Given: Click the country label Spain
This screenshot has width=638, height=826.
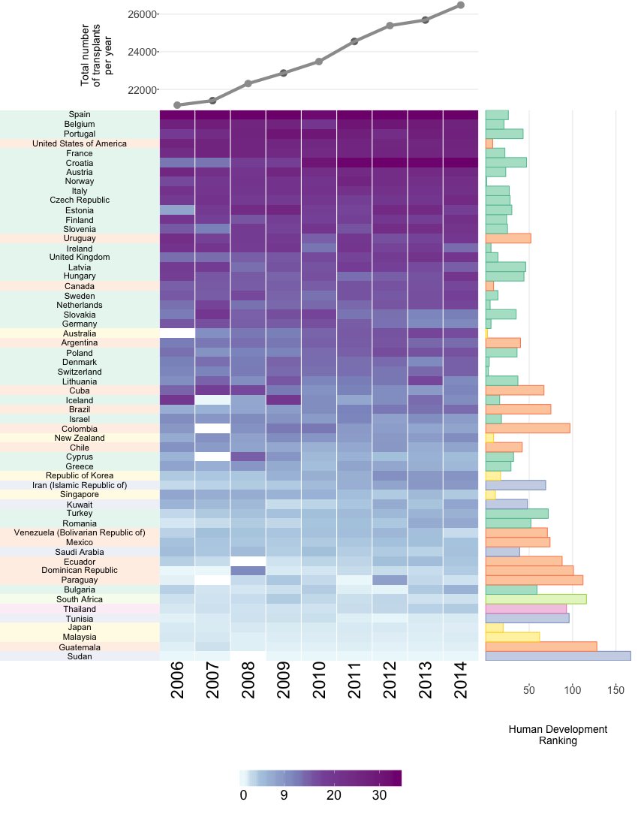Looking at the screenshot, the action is click(80, 114).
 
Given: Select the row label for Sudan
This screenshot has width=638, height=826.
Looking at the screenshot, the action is click(80, 656).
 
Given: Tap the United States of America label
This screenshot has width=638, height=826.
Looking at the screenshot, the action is click(80, 143).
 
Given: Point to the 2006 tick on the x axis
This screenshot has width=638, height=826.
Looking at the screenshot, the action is click(177, 680).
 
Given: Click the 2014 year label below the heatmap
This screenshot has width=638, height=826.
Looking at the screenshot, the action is click(460, 680).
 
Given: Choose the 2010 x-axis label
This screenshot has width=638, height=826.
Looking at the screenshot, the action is click(319, 680).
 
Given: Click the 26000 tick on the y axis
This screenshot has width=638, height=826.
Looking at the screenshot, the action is click(142, 14).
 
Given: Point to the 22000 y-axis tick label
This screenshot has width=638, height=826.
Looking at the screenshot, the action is click(142, 90).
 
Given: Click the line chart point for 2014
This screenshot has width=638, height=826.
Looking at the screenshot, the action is click(461, 5).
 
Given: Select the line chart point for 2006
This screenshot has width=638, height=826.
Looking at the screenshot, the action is click(177, 105).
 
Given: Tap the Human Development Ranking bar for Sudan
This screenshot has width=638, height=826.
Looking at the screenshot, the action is click(558, 656).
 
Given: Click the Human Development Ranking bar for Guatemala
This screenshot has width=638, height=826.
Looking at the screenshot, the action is click(541, 647).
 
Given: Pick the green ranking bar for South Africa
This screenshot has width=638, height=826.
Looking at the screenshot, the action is click(536, 599).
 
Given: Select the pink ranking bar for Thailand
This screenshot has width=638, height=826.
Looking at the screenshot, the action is click(526, 608).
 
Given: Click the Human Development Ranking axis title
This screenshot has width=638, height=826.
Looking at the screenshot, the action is click(558, 735).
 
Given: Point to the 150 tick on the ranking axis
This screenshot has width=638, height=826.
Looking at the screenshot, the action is click(616, 690).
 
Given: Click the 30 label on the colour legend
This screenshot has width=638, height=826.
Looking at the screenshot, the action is click(379, 795).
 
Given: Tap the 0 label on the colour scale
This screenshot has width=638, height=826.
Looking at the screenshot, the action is click(243, 795).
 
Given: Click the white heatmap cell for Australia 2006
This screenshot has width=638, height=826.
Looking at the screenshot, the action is click(177, 333).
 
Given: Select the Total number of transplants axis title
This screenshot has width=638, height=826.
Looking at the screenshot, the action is click(96, 55).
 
